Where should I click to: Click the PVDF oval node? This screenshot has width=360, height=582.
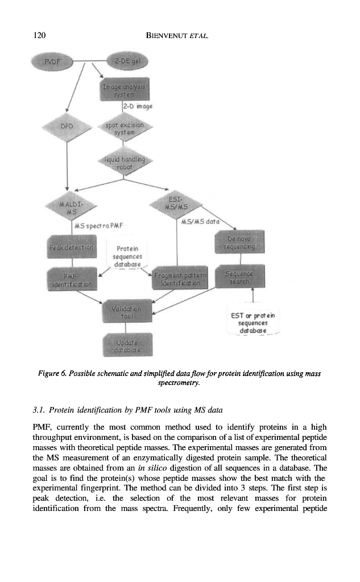[55, 60]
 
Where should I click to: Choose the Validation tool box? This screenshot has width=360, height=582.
[126, 311]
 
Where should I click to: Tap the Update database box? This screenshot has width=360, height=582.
[126, 346]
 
